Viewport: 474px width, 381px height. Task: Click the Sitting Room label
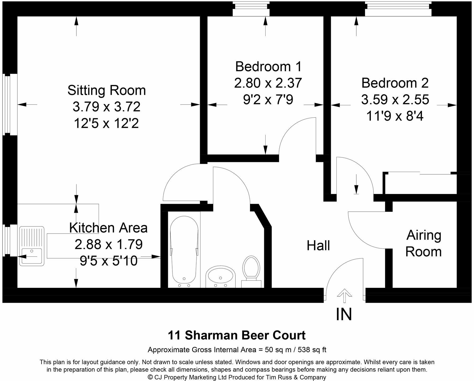tap(107, 90)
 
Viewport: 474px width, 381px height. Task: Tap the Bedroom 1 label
tap(268, 66)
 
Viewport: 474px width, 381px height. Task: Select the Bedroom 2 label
tap(395, 83)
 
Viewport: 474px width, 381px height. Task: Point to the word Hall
tap(318, 246)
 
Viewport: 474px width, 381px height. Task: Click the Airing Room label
tap(423, 243)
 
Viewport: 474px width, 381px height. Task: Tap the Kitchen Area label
tap(108, 228)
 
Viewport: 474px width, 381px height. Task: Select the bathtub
tap(184, 251)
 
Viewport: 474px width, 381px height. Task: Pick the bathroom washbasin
tap(221, 276)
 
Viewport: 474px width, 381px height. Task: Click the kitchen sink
tap(31, 246)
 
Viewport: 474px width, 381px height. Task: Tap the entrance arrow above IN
tap(344, 295)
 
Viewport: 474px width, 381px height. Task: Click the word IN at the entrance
tap(344, 314)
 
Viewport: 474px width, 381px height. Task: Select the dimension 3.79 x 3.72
tap(106, 107)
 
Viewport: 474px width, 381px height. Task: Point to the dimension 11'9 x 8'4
tap(395, 116)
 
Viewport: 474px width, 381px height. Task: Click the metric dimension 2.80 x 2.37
tap(268, 83)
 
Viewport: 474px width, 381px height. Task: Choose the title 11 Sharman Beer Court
tap(237, 335)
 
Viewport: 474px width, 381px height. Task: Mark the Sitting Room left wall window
tap(10, 104)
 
